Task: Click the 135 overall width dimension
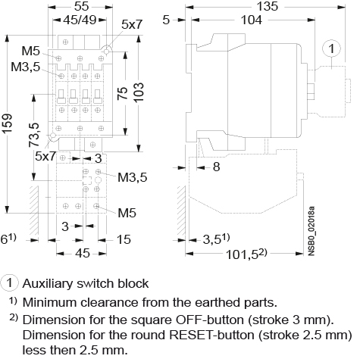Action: [x=268, y=7]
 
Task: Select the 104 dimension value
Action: [x=252, y=20]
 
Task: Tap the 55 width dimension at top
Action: [x=82, y=7]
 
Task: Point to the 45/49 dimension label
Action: [x=80, y=20]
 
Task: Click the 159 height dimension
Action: [x=8, y=123]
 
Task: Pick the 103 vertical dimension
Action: [x=139, y=92]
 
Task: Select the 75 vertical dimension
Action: [x=123, y=93]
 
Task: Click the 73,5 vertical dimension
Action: [x=34, y=135]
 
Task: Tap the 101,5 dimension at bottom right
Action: [x=246, y=254]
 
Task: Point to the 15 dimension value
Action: [x=124, y=239]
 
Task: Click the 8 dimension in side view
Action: [x=217, y=167]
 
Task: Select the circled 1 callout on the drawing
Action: [x=331, y=48]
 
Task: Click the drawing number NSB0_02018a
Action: [x=311, y=231]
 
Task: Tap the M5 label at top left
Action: [x=31, y=51]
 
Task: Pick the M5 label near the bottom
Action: [x=127, y=213]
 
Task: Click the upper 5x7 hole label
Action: [x=132, y=24]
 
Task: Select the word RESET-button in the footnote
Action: [x=211, y=335]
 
